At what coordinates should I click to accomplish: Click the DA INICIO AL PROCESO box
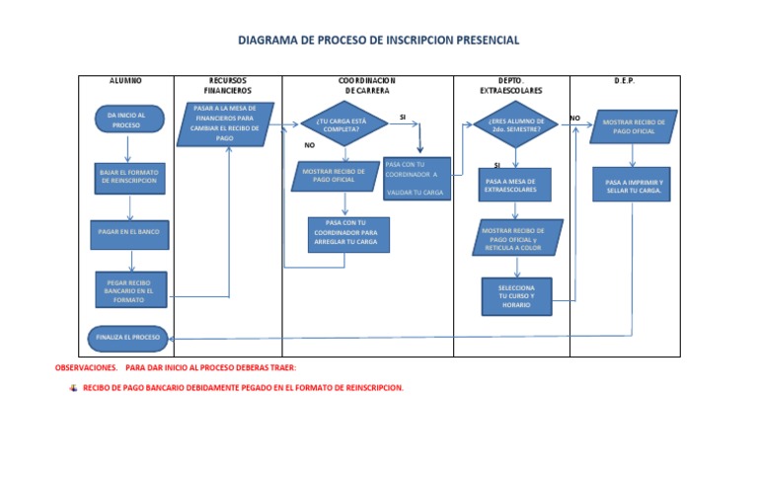[127, 120]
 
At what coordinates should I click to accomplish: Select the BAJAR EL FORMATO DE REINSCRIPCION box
[127, 176]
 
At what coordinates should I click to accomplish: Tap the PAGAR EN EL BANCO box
[128, 232]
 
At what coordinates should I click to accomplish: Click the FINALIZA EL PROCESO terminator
[126, 337]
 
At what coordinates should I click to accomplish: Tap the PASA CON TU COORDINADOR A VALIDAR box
[416, 178]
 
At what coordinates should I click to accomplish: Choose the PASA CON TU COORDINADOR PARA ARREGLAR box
[344, 234]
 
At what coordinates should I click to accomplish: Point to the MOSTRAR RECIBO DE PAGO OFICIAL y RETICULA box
[514, 237]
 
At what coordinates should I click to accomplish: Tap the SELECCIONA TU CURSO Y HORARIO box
[516, 296]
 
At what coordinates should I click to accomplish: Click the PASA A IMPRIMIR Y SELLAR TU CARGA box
[634, 186]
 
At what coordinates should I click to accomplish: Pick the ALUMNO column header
[125, 80]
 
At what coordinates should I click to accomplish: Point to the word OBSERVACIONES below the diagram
[85, 367]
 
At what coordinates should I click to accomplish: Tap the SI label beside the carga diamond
[403, 117]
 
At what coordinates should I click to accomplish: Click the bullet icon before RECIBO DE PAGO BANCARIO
[72, 388]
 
